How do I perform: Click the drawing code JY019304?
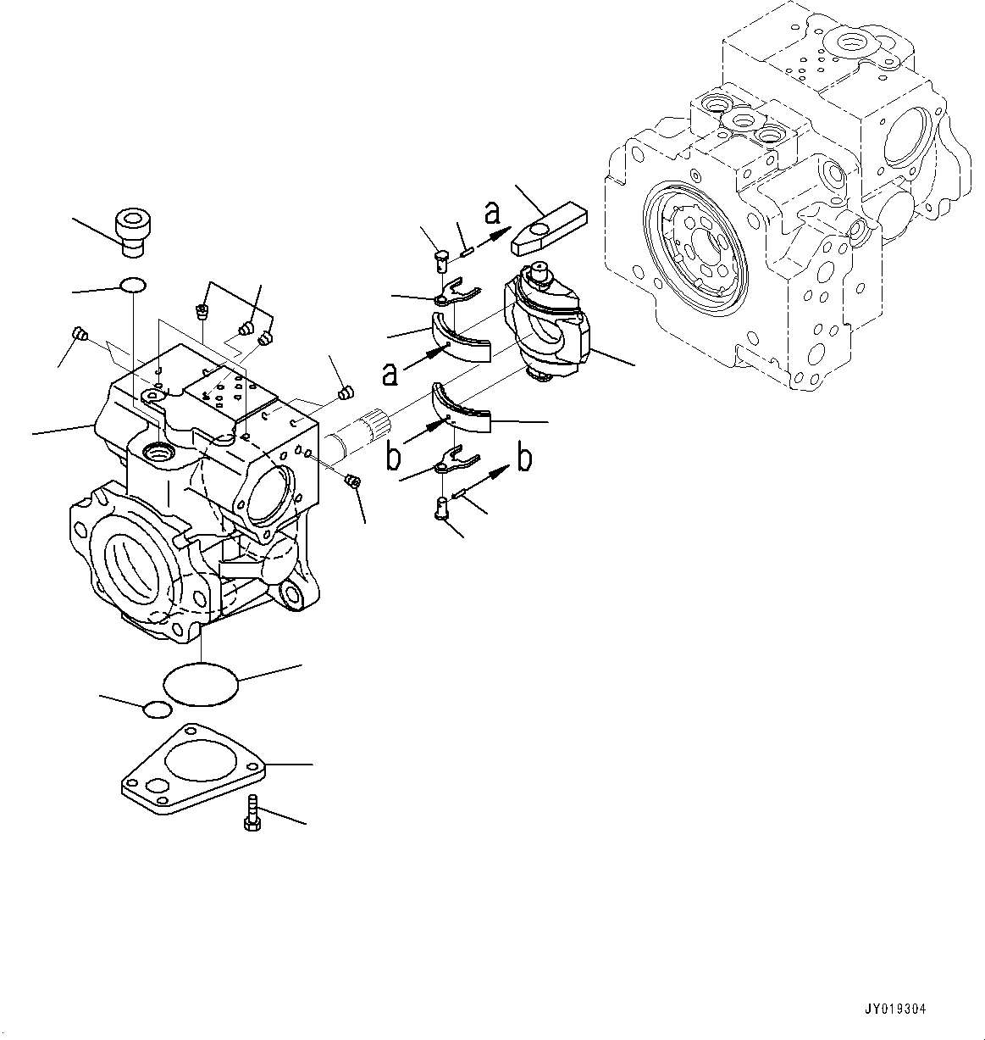point(895,1009)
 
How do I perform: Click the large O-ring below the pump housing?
point(201,682)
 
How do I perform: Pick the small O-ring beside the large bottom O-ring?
point(158,709)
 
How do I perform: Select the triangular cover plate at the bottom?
point(195,768)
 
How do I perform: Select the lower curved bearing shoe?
point(462,409)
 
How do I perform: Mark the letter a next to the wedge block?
point(492,214)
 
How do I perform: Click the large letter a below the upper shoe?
point(390,372)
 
